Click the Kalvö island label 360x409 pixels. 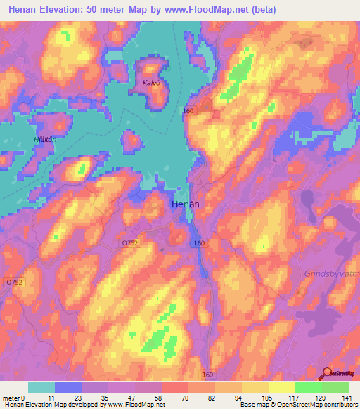pos(151,82)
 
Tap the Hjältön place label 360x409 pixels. pos(44,139)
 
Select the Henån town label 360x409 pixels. pos(186,204)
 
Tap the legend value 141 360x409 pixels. pos(347,397)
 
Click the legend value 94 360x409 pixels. pos(241,397)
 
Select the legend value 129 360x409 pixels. pos(321,397)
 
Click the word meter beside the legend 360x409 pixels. pos(11,397)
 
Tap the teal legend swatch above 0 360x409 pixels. pos(41,387)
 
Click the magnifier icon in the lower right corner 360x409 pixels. pos(326,373)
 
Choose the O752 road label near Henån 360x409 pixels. pos(129,242)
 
